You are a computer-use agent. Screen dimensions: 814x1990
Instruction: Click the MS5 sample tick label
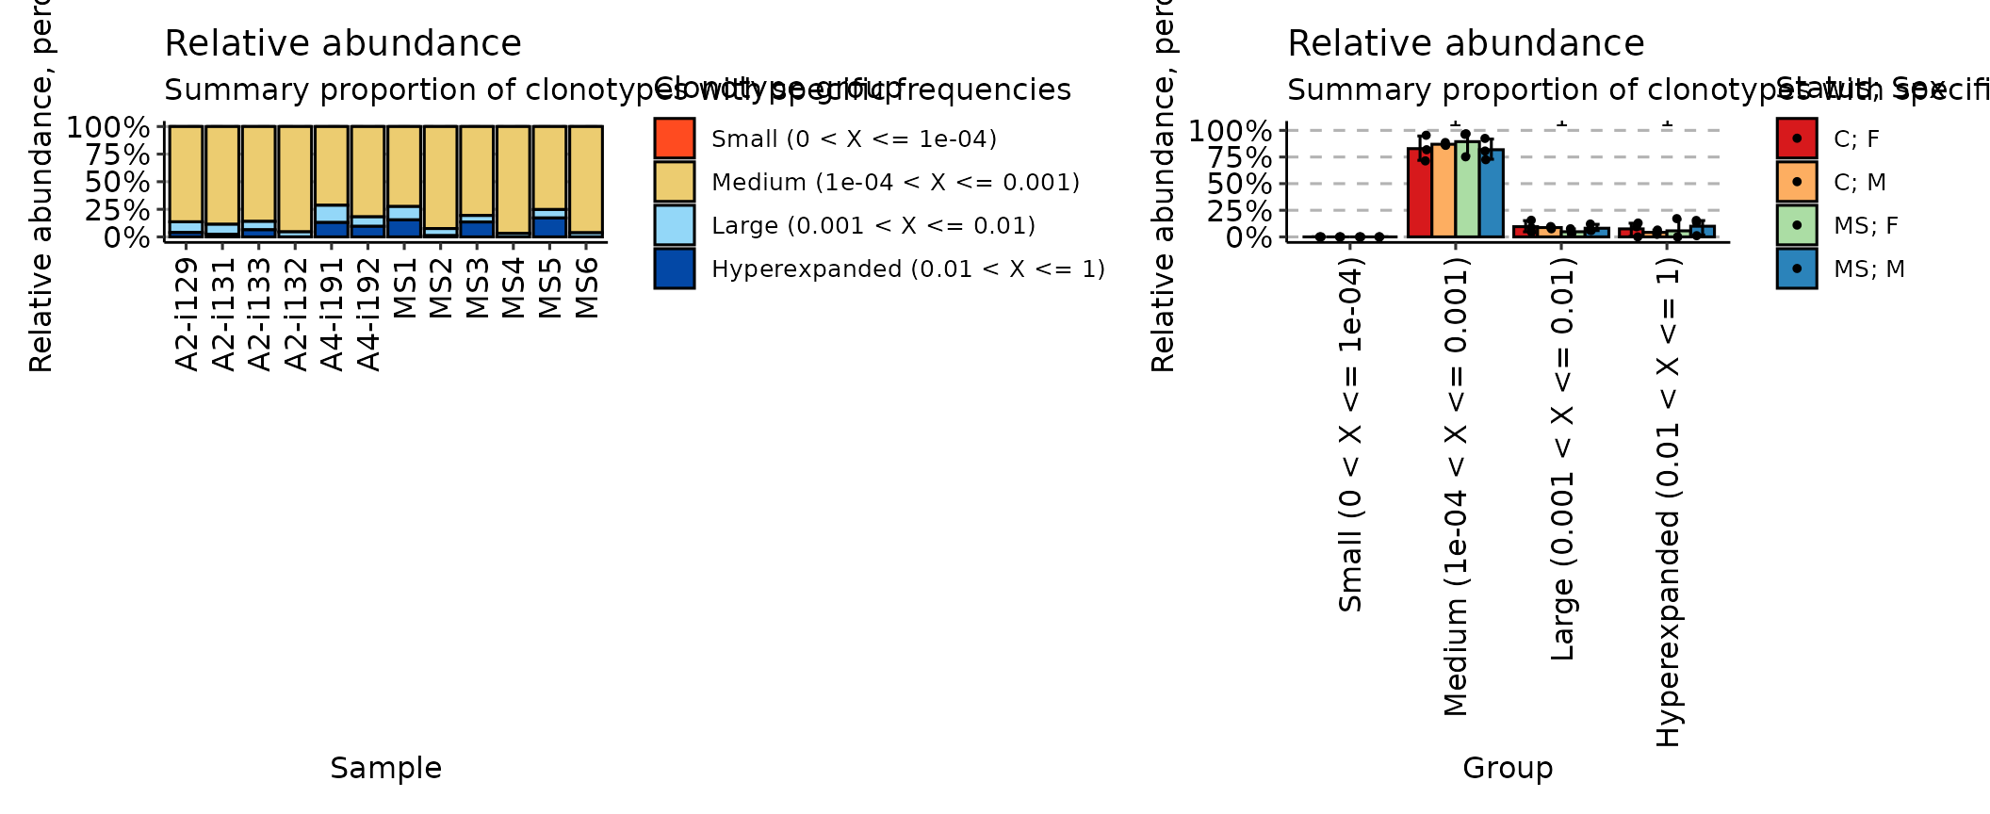coord(549,288)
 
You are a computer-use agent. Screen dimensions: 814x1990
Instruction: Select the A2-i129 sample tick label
coord(187,315)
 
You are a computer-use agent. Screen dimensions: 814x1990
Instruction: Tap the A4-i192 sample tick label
coord(368,315)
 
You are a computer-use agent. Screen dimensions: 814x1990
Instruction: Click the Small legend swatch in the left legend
coord(674,138)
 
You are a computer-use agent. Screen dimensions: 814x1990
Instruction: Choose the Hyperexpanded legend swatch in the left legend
coord(674,269)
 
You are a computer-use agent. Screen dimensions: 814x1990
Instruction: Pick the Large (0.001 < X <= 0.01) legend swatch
coord(674,225)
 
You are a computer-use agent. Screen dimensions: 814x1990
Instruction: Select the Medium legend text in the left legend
coord(895,182)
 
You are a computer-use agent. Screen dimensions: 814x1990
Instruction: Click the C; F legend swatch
coord(1796,138)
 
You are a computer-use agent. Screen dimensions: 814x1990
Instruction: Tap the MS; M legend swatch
coord(1796,269)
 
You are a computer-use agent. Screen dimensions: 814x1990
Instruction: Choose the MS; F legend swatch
coord(1796,225)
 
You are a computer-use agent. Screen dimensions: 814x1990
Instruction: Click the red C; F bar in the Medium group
coord(1419,193)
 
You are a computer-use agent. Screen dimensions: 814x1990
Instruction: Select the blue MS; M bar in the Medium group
coord(1492,193)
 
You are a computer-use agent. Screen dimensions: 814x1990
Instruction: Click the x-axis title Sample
coord(385,768)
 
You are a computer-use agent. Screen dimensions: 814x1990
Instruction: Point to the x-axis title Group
coord(1508,768)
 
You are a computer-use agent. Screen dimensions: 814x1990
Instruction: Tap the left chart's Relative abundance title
coord(342,43)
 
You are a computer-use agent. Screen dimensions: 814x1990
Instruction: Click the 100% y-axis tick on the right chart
coord(1230,131)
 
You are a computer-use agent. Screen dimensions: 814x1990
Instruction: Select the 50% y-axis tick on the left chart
coord(117,182)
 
